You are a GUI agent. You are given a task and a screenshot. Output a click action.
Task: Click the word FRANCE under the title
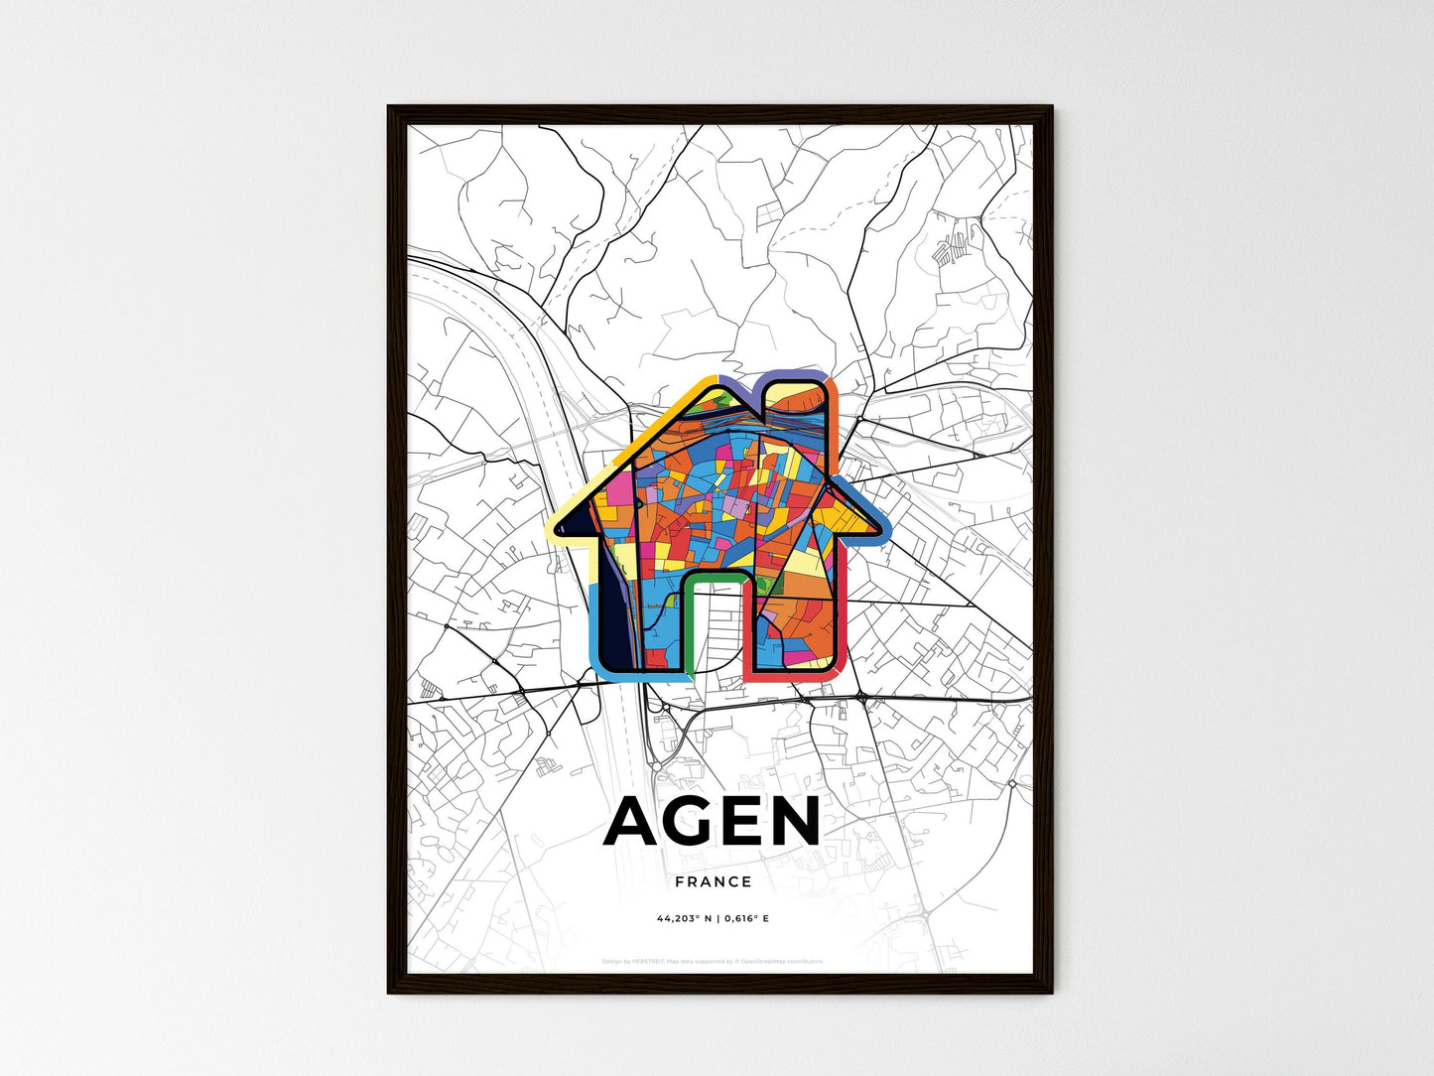click(713, 881)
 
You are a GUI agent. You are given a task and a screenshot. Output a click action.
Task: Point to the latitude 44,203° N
click(684, 918)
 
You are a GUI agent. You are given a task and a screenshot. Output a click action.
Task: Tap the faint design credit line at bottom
click(713, 961)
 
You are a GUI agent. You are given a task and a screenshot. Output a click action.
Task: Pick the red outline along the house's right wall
click(843, 615)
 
